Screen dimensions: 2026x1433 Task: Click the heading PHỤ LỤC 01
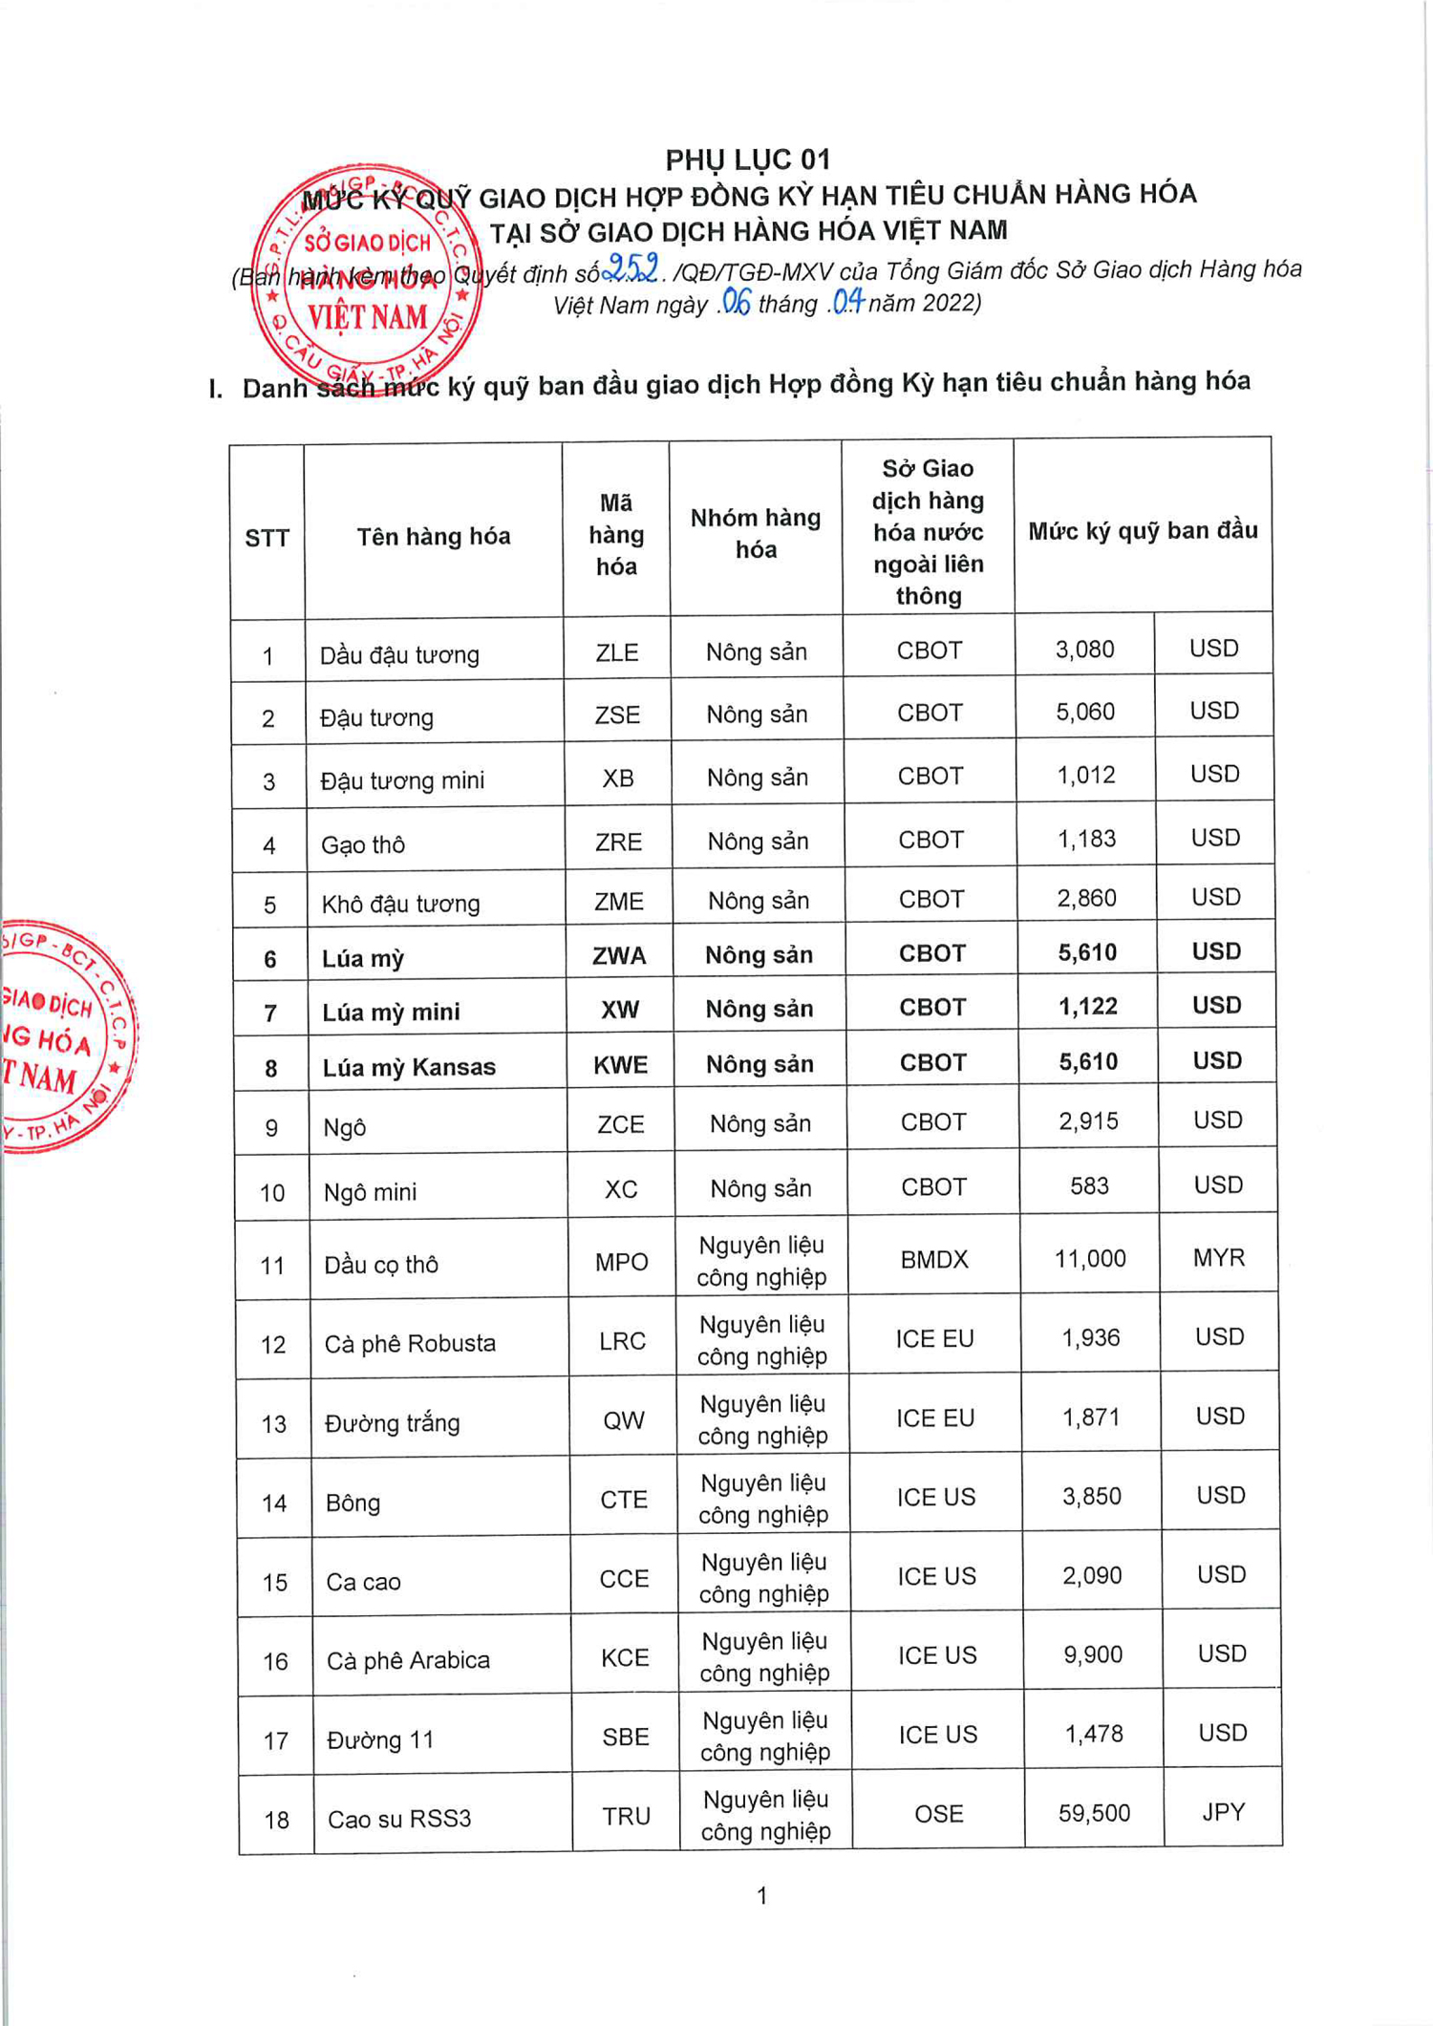click(747, 160)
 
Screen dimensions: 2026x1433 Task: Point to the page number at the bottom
click(761, 1895)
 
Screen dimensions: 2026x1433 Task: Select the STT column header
click(267, 538)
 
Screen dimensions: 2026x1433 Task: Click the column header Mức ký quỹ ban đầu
click(1143, 530)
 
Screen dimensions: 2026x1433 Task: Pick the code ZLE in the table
click(617, 652)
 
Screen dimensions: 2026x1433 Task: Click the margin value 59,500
click(1094, 1812)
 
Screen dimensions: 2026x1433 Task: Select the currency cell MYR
click(1219, 1257)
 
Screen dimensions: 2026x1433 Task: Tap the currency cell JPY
click(1224, 1811)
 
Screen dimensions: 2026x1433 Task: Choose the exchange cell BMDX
click(934, 1259)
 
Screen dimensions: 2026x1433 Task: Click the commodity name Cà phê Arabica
click(408, 1660)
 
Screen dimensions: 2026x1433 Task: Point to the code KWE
click(621, 1064)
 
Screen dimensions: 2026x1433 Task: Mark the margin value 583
click(1089, 1185)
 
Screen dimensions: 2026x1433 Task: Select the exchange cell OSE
click(939, 1813)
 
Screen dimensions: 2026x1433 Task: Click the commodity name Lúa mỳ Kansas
click(409, 1067)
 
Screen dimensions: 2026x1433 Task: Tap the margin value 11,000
click(1090, 1258)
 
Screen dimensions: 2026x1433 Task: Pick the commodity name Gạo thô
click(363, 844)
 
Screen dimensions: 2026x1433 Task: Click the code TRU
click(627, 1816)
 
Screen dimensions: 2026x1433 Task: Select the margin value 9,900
click(1093, 1653)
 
